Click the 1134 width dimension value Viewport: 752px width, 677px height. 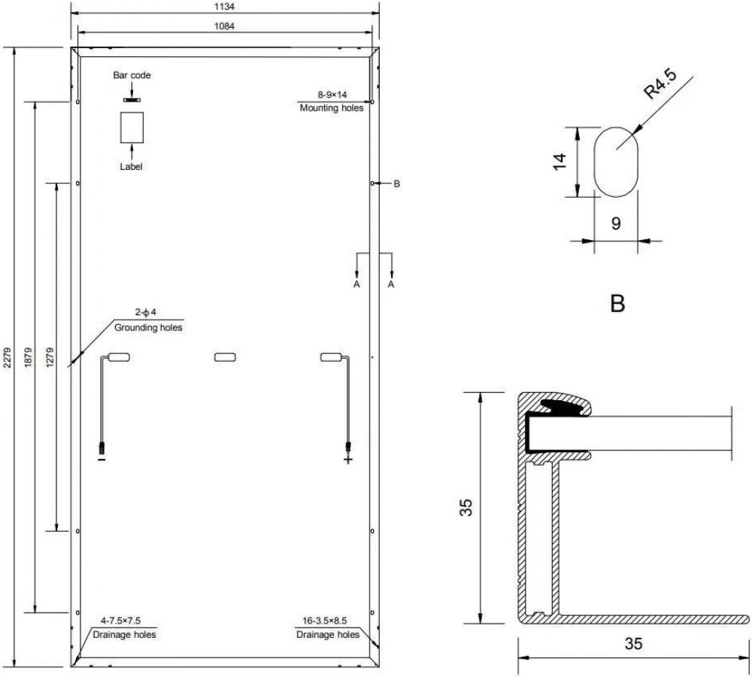click(x=224, y=8)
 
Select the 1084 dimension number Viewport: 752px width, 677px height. click(x=224, y=26)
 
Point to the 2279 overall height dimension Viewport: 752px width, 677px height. click(x=7, y=357)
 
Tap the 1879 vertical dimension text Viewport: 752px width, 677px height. click(x=28, y=357)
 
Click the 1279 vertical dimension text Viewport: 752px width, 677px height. click(x=50, y=357)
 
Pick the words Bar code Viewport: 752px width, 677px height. click(x=132, y=75)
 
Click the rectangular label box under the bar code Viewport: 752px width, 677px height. click(x=132, y=128)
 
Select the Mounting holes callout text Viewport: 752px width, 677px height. click(x=332, y=108)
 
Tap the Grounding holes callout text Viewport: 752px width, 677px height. click(x=148, y=328)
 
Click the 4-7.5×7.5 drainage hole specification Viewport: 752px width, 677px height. click(x=120, y=621)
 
